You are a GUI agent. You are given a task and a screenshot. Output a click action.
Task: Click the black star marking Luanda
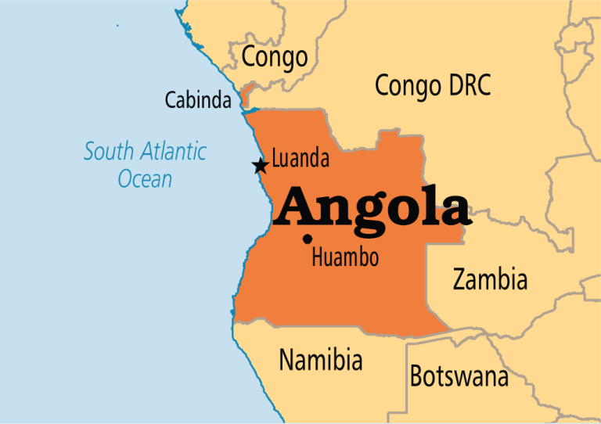click(260, 166)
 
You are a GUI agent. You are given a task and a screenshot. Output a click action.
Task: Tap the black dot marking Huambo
click(308, 239)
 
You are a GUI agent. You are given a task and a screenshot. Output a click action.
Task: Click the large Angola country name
click(374, 207)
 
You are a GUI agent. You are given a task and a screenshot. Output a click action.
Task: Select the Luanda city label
click(300, 160)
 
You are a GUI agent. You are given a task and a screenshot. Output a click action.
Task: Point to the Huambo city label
click(345, 257)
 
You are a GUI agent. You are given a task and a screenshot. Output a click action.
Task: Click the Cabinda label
click(198, 100)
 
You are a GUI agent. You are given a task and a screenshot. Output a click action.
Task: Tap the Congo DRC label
click(433, 84)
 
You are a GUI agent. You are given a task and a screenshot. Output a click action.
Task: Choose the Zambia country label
click(490, 279)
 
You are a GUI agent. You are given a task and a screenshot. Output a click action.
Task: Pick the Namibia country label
click(321, 360)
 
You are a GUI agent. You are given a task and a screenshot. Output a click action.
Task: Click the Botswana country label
click(459, 376)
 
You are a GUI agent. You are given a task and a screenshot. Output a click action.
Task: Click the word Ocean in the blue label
click(145, 178)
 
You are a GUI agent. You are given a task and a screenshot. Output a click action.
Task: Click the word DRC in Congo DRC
click(467, 84)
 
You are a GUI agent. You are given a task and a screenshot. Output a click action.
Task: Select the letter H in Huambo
click(318, 257)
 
